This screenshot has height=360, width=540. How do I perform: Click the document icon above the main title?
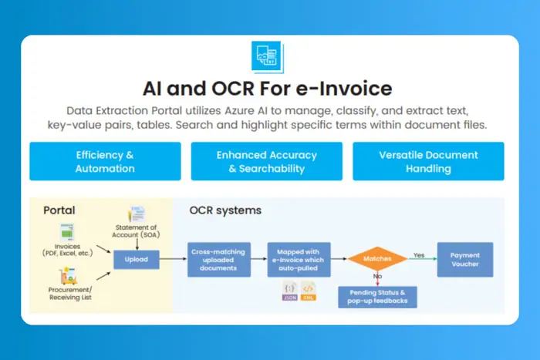point(268,57)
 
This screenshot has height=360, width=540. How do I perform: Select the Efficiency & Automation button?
point(105,161)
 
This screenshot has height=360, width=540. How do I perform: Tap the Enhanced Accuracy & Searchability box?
point(266,161)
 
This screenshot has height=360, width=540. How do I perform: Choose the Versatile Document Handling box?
point(428,161)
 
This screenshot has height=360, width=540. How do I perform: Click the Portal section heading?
point(59,210)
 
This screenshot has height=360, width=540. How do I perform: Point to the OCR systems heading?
point(225,210)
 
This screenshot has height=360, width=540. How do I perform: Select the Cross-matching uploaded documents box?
point(219,260)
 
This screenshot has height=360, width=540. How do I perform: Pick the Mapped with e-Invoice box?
point(299,260)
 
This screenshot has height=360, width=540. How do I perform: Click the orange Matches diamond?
point(377,260)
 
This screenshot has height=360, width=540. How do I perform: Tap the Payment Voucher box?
point(465,260)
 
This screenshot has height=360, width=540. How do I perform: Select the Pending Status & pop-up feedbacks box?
point(377,297)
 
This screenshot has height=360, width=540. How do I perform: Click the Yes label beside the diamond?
point(419,254)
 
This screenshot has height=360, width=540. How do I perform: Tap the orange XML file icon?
point(308,292)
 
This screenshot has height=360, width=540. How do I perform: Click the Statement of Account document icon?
point(137,214)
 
